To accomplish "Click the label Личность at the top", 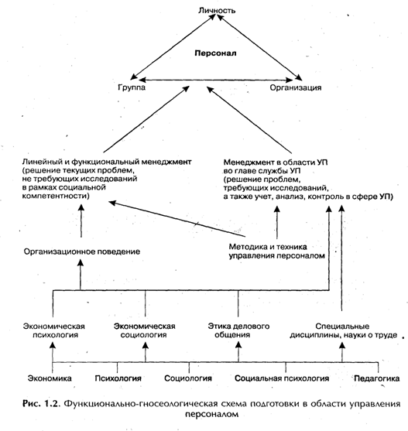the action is tap(217, 10).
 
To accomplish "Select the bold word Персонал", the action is tap(215, 53).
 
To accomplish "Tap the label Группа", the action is tap(132, 87).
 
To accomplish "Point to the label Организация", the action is tap(296, 87).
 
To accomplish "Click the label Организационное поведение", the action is tap(82, 251).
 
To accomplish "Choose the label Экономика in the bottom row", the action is tap(50, 378).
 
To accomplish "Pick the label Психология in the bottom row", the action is tap(118, 378).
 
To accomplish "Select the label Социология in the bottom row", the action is tap(188, 378).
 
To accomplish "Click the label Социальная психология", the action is tap(282, 378).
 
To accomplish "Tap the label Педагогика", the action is tap(377, 378).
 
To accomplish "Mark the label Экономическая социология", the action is tap(144, 330).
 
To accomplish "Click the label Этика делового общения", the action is tap(238, 330).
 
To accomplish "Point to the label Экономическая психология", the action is tap(54, 330).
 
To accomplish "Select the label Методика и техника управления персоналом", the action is tap(277, 251).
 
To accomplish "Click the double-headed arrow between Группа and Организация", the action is tap(216, 80).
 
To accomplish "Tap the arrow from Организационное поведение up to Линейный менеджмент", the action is tap(81, 221).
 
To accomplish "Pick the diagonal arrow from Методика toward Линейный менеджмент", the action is tap(177, 219).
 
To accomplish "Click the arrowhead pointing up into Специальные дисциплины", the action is tap(342, 346).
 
